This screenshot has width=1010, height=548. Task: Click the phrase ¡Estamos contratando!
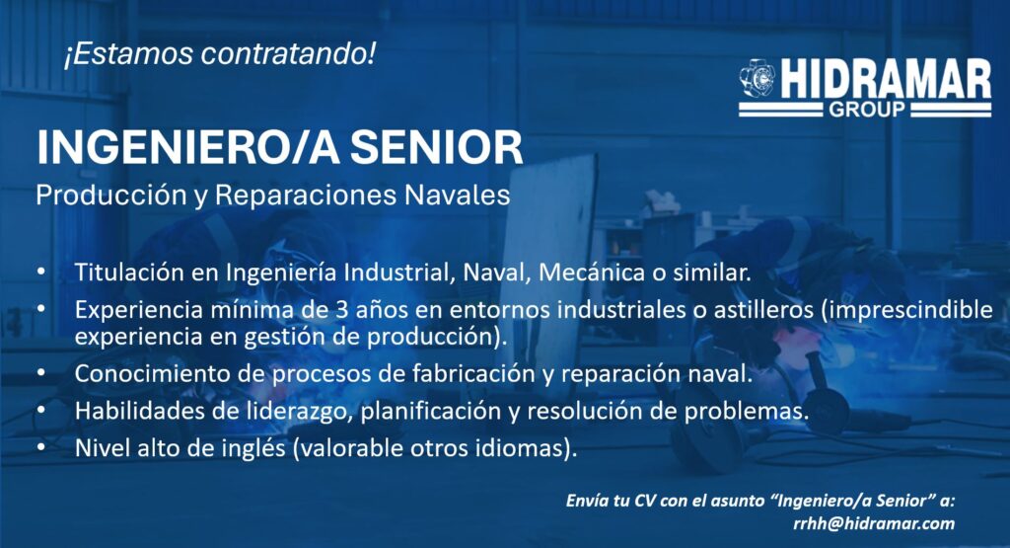[x=219, y=54]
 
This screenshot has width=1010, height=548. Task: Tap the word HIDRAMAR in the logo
[x=887, y=80]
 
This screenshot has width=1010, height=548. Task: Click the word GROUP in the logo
[x=866, y=110]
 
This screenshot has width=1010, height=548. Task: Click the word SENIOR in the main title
[x=436, y=148]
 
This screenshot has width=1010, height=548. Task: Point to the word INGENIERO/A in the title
[x=188, y=148]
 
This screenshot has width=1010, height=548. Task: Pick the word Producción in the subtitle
[x=111, y=195]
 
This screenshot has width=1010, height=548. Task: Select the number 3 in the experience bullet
[x=342, y=310]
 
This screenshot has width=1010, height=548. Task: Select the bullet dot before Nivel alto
[x=41, y=446]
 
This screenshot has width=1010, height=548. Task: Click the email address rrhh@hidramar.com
[x=874, y=523]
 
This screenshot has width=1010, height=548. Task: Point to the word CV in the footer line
[x=645, y=501]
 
